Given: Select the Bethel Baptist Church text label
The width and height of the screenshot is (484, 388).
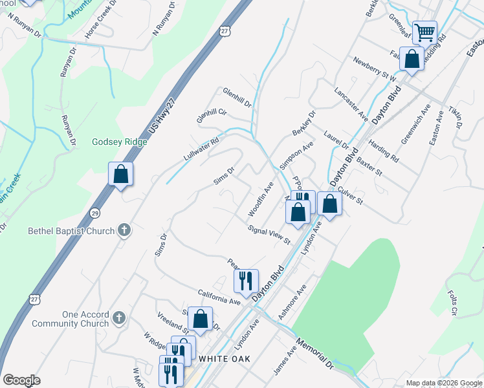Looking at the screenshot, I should [x=71, y=231].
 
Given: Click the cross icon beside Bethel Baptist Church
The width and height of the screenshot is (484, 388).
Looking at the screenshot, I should [x=124, y=230].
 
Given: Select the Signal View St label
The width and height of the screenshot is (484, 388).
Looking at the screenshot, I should [x=269, y=235].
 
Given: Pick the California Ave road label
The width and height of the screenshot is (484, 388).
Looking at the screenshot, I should [x=219, y=297].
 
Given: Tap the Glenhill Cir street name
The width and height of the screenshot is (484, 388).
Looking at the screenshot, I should [x=212, y=116].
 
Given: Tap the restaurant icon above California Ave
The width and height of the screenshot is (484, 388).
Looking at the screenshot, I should [x=245, y=280].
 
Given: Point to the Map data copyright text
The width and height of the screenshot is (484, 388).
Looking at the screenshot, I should [x=443, y=383].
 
